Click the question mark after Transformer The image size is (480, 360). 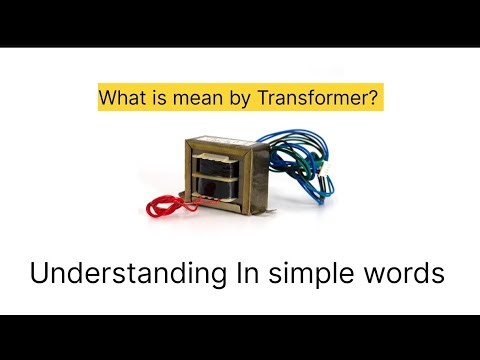[x=375, y=100]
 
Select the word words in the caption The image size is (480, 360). [x=405, y=272]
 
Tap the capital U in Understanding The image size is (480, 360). [x=39, y=272]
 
